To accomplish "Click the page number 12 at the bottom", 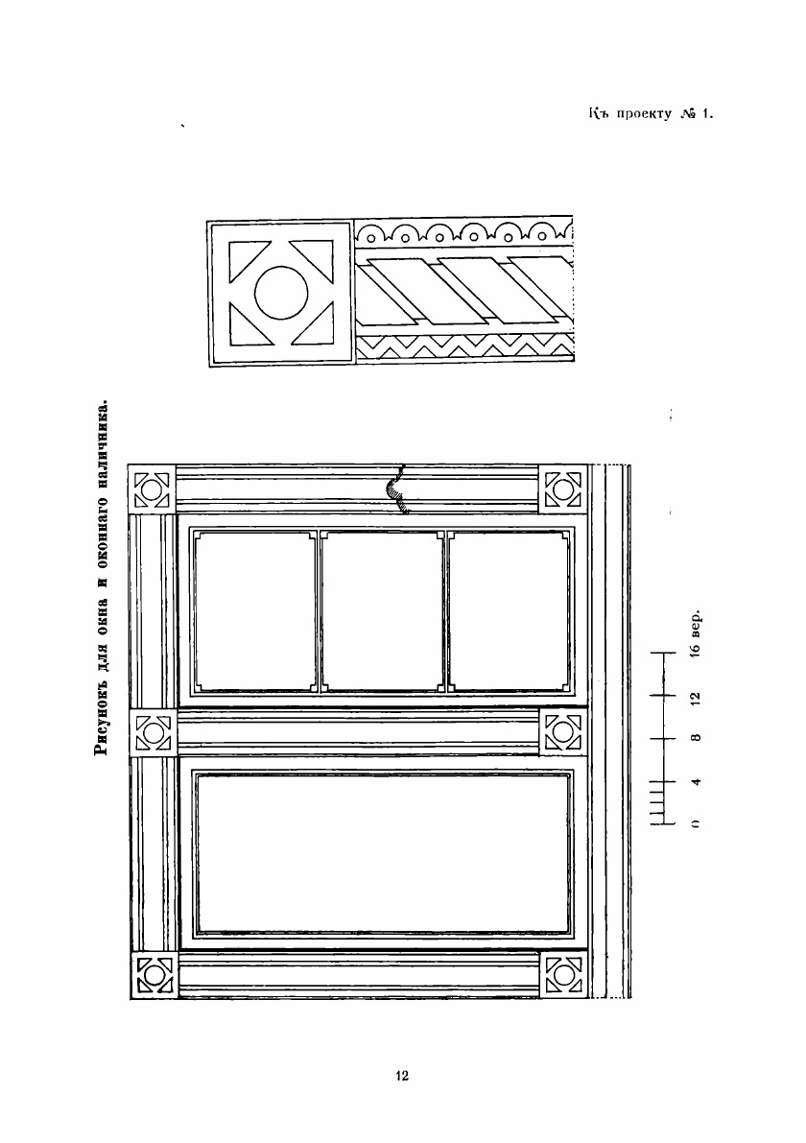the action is point(402,1076).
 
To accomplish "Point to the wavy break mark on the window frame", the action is point(396,489).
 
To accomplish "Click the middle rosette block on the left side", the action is point(152,733).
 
